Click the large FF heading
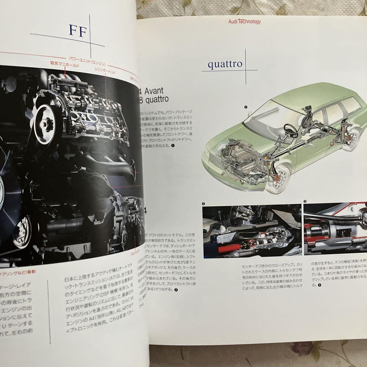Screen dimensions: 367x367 click(x=78, y=31)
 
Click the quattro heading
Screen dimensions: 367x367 click(x=225, y=64)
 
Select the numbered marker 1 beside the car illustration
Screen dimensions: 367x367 click(x=245, y=107)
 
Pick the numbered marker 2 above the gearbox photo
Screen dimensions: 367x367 click(x=203, y=204)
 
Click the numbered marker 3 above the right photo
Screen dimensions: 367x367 click(x=305, y=202)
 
